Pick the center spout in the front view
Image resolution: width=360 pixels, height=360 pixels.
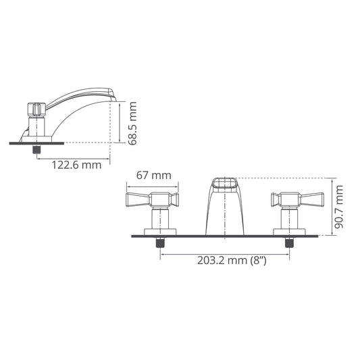click(x=225, y=206)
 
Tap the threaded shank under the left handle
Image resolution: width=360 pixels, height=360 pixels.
click(x=161, y=242)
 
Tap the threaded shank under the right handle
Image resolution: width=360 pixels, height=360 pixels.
click(x=290, y=242)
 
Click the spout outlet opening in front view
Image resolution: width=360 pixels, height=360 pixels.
click(x=225, y=183)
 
